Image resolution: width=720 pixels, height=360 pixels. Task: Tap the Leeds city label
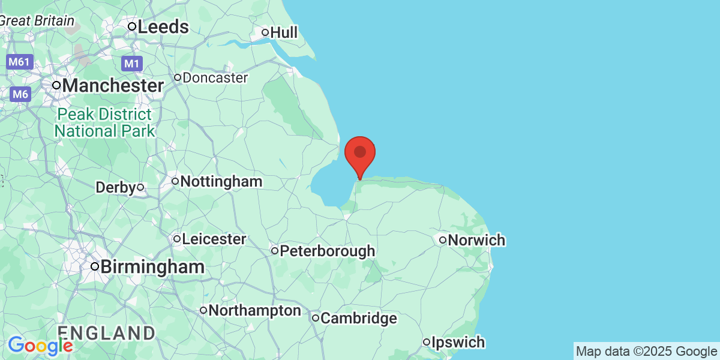tap(163, 27)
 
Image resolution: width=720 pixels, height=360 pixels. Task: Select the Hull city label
tap(284, 32)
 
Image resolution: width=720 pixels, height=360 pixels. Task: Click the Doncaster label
tap(215, 78)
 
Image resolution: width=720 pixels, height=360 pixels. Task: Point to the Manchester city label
tap(113, 86)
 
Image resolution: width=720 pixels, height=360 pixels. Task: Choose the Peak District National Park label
tap(104, 122)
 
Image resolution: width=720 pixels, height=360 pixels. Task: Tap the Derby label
tap(116, 188)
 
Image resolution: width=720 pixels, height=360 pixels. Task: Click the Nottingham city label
tap(221, 181)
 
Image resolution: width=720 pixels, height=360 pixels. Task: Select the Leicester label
tap(214, 239)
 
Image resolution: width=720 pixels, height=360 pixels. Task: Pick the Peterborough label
tap(328, 251)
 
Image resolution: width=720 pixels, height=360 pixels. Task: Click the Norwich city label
tap(476, 241)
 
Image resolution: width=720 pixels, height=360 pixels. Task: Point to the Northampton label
tap(256, 311)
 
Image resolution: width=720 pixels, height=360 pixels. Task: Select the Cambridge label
tap(358, 318)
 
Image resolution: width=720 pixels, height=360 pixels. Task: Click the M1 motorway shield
tap(131, 63)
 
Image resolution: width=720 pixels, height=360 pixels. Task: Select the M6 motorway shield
tap(20, 94)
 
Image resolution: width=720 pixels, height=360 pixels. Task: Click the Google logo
tap(40, 346)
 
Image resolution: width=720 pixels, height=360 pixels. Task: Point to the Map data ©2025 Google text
tap(646, 352)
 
